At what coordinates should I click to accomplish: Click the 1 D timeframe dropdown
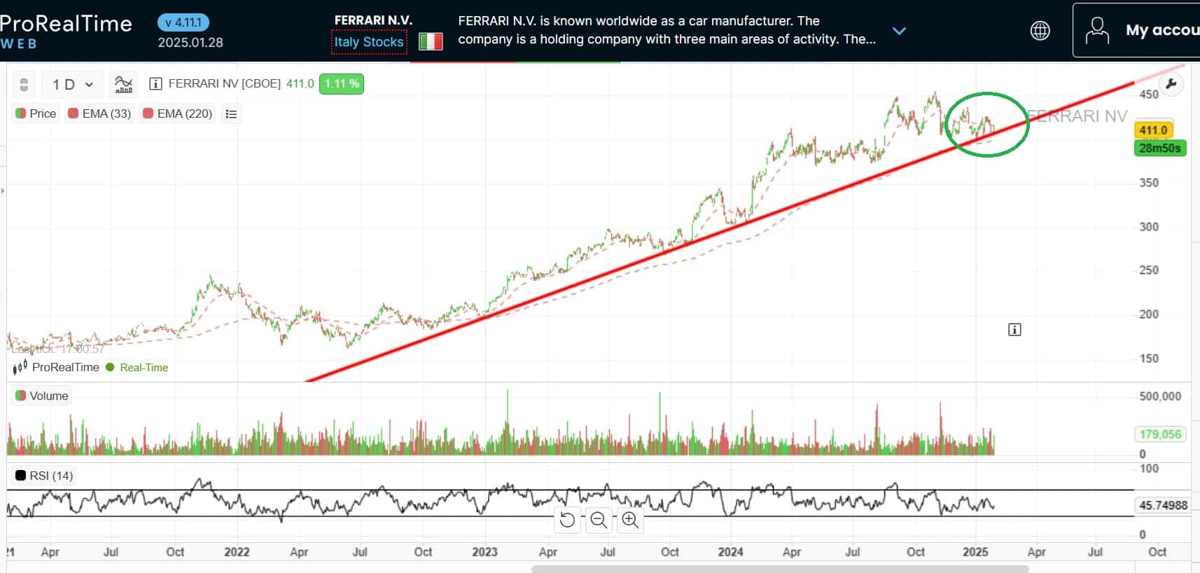(72, 85)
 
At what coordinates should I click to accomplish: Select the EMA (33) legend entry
(99, 113)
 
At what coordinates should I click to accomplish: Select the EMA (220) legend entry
(177, 113)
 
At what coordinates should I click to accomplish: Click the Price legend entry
(36, 113)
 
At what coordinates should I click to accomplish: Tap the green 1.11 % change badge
(342, 84)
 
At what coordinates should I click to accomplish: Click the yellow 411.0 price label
(1153, 130)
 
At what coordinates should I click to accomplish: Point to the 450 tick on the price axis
(1149, 95)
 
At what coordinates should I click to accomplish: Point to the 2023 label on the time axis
(484, 552)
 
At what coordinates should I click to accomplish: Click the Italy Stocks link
(369, 42)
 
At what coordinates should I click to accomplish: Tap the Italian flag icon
(431, 42)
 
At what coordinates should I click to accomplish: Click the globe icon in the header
(1040, 31)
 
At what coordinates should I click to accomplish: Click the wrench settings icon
(1171, 85)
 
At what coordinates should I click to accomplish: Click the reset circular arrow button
(567, 520)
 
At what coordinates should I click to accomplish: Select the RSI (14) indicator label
(44, 476)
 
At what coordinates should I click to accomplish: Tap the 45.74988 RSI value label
(1163, 505)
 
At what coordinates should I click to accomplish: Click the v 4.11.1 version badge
(183, 22)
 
